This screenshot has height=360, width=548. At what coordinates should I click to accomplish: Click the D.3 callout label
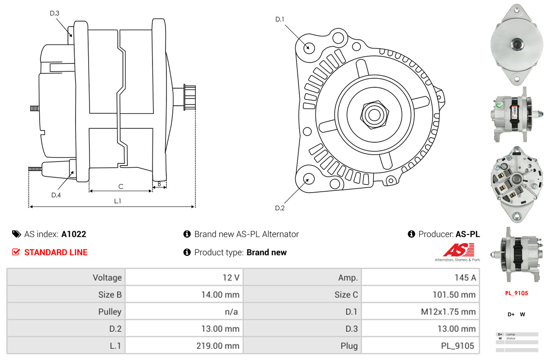pyautogui.click(x=54, y=13)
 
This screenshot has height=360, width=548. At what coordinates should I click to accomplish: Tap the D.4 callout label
pyautogui.click(x=56, y=195)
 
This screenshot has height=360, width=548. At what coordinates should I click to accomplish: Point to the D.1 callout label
pyautogui.click(x=280, y=19)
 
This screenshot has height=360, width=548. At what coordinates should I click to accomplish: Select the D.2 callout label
pyautogui.click(x=280, y=208)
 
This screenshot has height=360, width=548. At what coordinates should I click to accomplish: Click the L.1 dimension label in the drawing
pyautogui.click(x=118, y=201)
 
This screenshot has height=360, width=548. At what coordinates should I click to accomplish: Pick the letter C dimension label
pyautogui.click(x=121, y=187)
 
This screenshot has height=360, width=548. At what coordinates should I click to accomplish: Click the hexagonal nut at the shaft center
pyautogui.click(x=374, y=115)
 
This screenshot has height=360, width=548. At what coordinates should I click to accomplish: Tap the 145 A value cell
pyautogui.click(x=420, y=277)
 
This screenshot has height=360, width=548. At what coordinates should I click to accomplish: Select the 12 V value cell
pyautogui.click(x=184, y=277)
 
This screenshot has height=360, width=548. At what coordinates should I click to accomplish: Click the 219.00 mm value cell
pyautogui.click(x=184, y=346)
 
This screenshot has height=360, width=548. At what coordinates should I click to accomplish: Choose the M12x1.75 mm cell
pyautogui.click(x=420, y=311)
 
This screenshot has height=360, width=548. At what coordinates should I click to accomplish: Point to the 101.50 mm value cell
pyautogui.click(x=420, y=294)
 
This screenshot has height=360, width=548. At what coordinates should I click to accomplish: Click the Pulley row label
pyautogui.click(x=110, y=312)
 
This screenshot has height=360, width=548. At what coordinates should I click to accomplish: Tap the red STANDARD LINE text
pyautogui.click(x=56, y=252)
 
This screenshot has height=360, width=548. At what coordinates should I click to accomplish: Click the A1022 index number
pyautogui.click(x=74, y=234)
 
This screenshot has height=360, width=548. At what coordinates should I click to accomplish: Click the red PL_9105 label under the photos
pyautogui.click(x=517, y=293)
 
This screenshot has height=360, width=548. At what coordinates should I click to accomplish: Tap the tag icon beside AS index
pyautogui.click(x=16, y=234)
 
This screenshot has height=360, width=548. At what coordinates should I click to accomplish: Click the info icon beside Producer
pyautogui.click(x=411, y=234)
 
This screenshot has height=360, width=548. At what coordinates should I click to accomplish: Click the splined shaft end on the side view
pyautogui.click(x=190, y=97)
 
